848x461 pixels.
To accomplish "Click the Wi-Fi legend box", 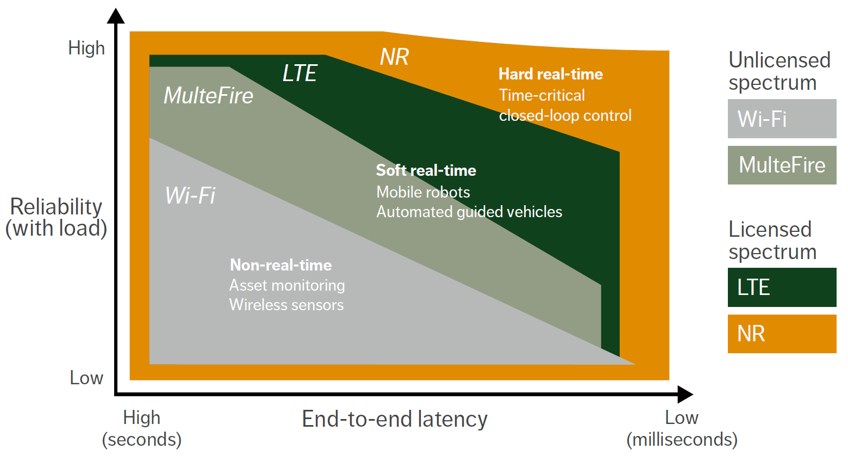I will tap(782, 119).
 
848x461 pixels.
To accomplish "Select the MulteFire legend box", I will tap(782, 165).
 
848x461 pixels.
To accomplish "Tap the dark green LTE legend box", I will tap(782, 287).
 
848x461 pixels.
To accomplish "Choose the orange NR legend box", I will tap(782, 334).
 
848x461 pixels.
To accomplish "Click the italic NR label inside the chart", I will tap(394, 57).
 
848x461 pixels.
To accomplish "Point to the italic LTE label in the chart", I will tap(300, 73).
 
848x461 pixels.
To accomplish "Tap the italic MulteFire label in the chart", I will tap(209, 96).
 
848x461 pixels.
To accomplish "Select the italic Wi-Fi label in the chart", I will tap(190, 195).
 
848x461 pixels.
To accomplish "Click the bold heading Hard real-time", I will tap(551, 74).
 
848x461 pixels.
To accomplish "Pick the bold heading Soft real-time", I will tap(426, 170).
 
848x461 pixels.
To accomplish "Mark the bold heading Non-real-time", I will tap(281, 265).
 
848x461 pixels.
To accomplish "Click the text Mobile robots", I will tap(423, 192).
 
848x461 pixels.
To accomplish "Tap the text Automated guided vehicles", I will tap(469, 212).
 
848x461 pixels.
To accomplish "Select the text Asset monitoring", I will tap(287, 285).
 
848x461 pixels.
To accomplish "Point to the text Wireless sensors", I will tap(286, 305).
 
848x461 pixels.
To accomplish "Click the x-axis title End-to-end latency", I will tap(395, 419).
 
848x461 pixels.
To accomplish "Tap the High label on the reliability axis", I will tap(86, 48).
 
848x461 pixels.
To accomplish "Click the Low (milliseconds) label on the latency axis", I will tap(682, 428).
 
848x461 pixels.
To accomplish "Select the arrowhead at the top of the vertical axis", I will tap(116, 16).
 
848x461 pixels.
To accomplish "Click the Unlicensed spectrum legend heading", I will tap(779, 71).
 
